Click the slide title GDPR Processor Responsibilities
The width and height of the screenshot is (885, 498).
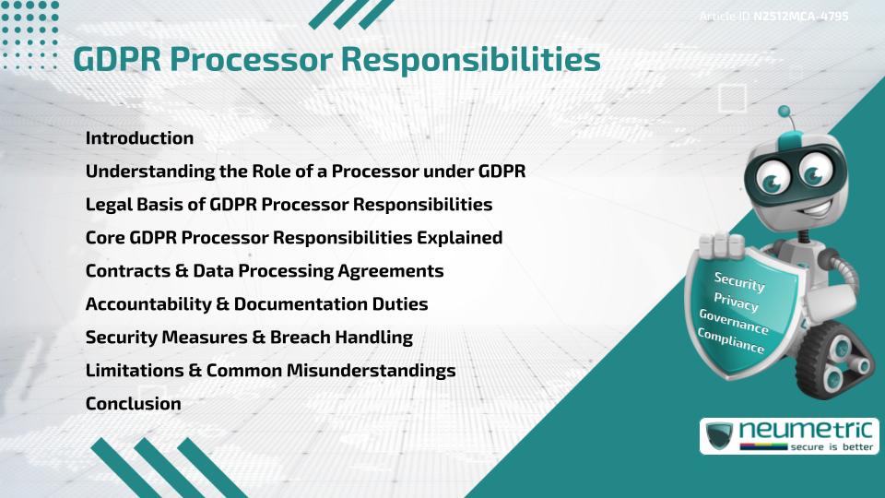tap(336, 59)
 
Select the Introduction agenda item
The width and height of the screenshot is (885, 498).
tap(139, 138)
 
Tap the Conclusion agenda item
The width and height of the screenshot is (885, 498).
tap(133, 404)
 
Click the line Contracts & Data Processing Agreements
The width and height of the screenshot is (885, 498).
tap(265, 271)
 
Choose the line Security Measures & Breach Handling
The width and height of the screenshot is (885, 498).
tap(249, 338)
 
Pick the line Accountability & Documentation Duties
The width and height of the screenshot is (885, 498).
tap(256, 304)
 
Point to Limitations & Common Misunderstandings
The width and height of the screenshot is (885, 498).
tap(270, 371)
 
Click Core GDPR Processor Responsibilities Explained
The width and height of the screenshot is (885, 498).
tap(294, 238)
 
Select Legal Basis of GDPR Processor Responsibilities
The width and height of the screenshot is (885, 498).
tap(289, 205)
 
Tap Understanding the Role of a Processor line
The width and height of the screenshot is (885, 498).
tap(305, 172)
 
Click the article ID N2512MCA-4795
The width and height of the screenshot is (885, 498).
tap(774, 17)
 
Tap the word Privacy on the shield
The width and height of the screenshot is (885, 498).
tap(737, 303)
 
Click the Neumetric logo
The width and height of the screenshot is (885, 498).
tap(788, 435)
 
